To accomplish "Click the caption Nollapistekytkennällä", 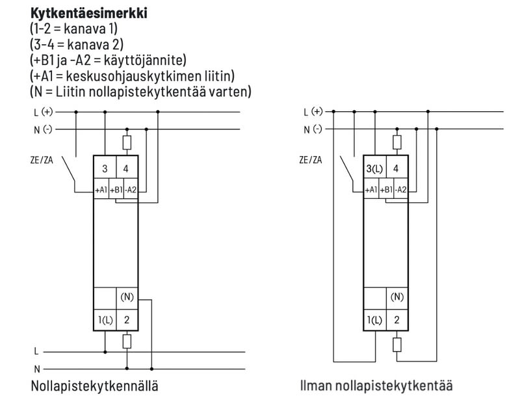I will click(94, 385).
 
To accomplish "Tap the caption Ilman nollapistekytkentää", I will click(376, 385).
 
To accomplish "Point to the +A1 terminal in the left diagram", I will click(101, 190).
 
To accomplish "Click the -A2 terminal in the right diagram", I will click(401, 190).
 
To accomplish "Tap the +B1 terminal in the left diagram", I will click(116, 190).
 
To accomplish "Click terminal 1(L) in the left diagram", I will click(105, 320).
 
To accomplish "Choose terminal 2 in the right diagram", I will click(396, 320).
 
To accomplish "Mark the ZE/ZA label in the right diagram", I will click(311, 159).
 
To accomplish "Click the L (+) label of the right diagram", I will click(313, 111).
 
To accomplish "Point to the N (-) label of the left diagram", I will click(43, 129).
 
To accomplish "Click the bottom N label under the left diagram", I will click(36, 368).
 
